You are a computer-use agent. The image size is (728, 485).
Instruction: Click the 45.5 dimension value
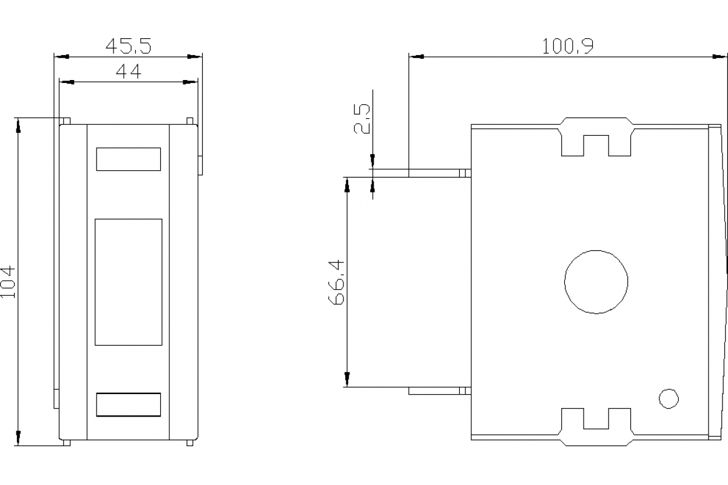click(128, 46)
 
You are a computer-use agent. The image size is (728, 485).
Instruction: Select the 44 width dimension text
click(128, 72)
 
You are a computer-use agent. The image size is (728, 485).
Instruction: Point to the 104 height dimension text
click(8, 281)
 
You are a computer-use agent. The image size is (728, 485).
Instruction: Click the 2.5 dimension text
click(362, 119)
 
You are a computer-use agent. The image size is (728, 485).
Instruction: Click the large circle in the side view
click(596, 282)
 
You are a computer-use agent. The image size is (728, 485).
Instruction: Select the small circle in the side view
click(669, 398)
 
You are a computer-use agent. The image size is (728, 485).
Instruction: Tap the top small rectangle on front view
click(129, 159)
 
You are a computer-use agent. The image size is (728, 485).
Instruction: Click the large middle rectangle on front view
click(129, 282)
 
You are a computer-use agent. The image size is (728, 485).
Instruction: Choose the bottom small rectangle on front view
click(129, 404)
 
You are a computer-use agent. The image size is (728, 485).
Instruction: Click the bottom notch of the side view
click(596, 427)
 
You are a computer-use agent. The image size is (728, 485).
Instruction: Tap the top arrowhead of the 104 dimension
click(19, 124)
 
